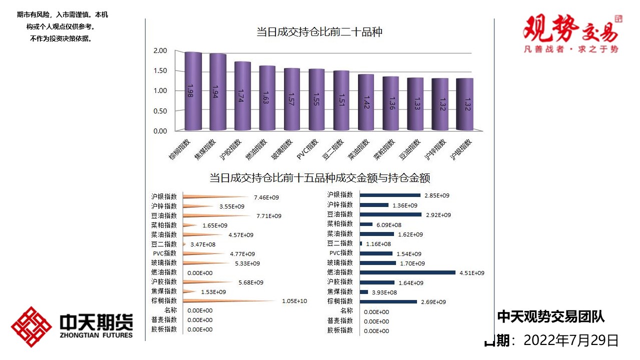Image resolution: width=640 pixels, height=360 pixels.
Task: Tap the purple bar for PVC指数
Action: click(316, 100)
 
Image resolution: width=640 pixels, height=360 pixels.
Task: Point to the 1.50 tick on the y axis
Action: click(160, 70)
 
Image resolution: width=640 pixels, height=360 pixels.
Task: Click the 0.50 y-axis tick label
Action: click(160, 111)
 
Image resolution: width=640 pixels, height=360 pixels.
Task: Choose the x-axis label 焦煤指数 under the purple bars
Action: click(205, 148)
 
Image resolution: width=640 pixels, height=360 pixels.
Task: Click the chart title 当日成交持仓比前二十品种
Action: click(319, 32)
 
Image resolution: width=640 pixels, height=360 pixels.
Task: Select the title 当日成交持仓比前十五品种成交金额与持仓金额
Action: click(319, 178)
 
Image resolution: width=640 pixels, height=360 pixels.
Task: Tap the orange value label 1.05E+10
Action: click(294, 301)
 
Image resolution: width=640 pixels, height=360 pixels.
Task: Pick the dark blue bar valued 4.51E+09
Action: click(407, 272)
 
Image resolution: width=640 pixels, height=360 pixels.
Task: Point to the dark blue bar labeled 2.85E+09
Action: click(390, 195)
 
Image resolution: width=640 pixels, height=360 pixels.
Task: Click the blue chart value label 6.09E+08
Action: click(388, 225)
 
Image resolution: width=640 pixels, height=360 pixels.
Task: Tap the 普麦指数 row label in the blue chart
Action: click(340, 321)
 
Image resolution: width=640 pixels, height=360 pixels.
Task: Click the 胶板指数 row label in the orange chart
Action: click(164, 329)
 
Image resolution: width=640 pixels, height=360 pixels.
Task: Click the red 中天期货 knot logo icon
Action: click(32, 326)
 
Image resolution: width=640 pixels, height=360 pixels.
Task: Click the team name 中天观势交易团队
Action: click(550, 316)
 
